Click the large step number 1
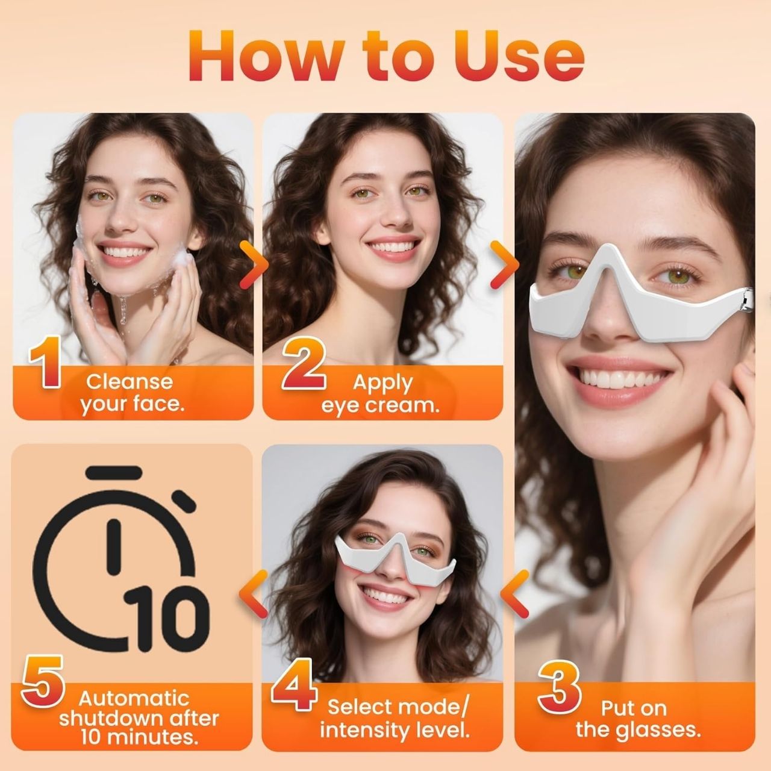(46, 363)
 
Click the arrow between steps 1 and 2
(254, 264)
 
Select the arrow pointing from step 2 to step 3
(505, 264)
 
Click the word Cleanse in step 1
(130, 381)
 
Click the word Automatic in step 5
(134, 698)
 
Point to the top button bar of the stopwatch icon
(114, 472)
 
